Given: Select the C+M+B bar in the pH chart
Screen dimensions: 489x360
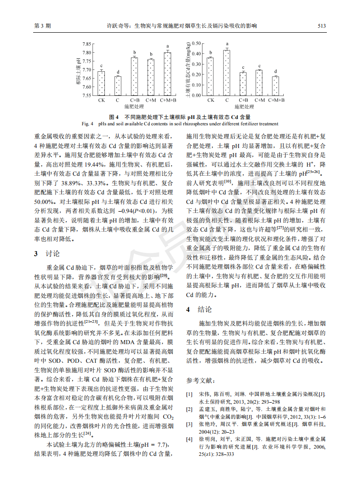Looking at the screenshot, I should coord(168,74).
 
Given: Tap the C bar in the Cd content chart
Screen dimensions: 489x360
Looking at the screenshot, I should coord(227,73).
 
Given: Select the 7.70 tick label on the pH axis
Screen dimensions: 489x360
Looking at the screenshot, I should coord(86,69).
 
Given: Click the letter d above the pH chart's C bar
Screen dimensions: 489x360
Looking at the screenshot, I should coord(118,72).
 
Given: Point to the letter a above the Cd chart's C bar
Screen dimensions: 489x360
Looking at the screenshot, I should coord(227,44).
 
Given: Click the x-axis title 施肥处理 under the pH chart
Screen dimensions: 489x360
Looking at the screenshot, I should coord(134,107).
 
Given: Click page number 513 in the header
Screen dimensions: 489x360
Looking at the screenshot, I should coord(321,26).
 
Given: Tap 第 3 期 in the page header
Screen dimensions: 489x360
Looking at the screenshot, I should coord(43,26).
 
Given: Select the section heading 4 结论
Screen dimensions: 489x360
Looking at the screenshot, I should coord(198,310).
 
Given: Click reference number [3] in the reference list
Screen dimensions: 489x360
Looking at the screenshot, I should coord(190,424).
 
